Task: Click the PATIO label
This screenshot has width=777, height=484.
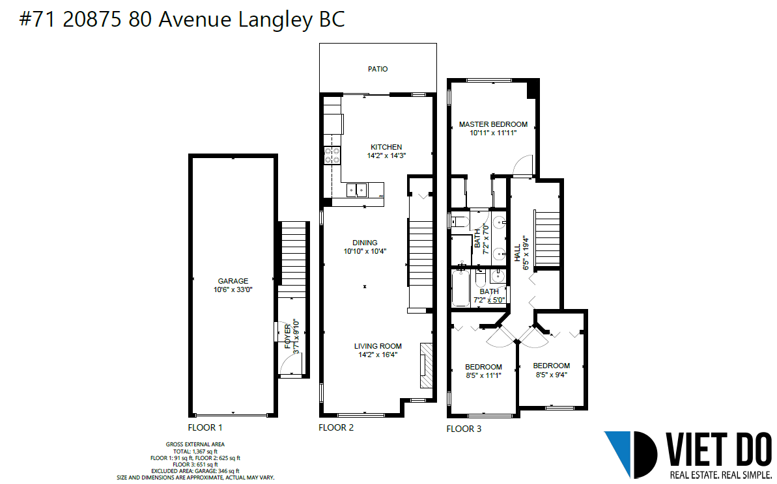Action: click(378, 70)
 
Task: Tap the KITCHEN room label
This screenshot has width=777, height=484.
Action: click(386, 147)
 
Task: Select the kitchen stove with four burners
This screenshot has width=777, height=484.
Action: click(332, 155)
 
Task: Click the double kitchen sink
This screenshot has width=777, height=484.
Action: click(356, 190)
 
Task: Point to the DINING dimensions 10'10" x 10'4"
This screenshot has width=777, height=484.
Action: click(365, 251)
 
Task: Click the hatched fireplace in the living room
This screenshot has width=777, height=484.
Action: click(426, 365)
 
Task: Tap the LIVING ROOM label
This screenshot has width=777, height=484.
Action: click(378, 346)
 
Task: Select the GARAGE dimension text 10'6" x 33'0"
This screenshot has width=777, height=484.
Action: click(233, 289)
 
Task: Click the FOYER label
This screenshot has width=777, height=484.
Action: click(288, 336)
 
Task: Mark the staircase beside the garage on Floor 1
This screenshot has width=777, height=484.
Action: click(293, 260)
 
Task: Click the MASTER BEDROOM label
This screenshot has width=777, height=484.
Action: click(493, 124)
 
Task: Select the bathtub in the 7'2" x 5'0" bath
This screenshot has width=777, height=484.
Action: click(461, 287)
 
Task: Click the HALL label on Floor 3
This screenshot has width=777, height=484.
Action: click(517, 252)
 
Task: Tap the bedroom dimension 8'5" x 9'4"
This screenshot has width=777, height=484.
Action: click(551, 375)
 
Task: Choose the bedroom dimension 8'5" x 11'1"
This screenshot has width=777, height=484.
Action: click(484, 375)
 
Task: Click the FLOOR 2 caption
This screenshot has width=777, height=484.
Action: click(336, 427)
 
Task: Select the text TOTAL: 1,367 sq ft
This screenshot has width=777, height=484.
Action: click(195, 451)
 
